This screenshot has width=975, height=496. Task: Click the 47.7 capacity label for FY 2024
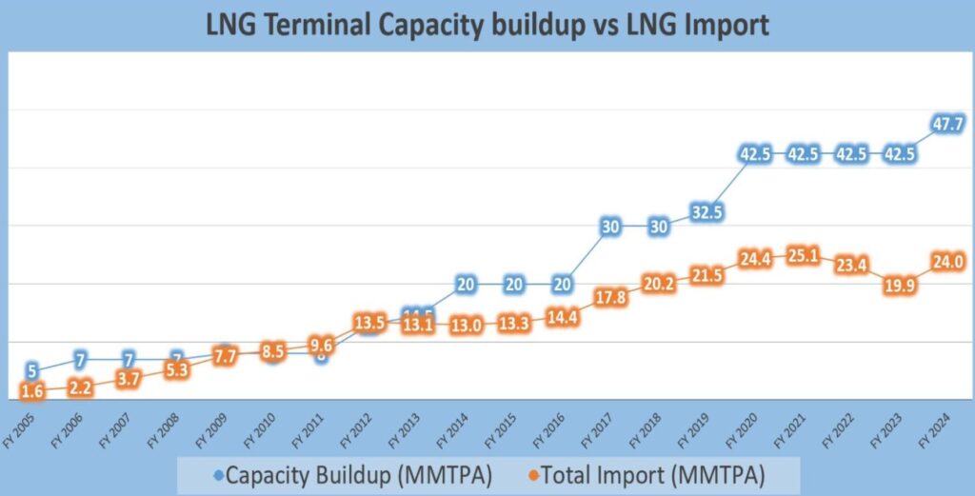click(949, 125)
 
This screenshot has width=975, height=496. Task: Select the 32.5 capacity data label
click(706, 212)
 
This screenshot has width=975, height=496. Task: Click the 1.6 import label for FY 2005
click(32, 391)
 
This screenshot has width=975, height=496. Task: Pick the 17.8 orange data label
click(610, 299)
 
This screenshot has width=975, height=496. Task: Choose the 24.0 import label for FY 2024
click(949, 263)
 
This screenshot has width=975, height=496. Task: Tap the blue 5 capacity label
click(33, 371)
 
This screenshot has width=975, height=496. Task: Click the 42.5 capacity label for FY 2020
click(755, 154)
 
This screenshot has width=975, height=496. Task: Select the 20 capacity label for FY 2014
click(466, 284)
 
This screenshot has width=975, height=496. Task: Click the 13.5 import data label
click(368, 322)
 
